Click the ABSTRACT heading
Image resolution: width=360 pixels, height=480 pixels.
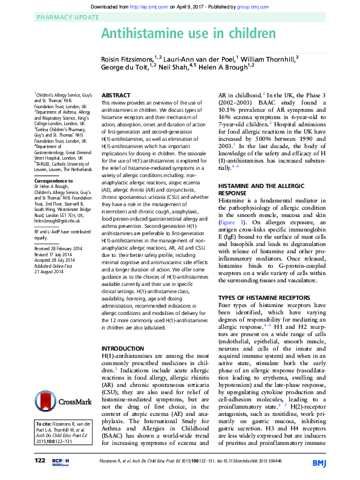tap(115, 96)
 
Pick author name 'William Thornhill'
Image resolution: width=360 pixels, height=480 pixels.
tap(270, 59)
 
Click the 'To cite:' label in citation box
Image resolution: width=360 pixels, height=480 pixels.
tap(44, 423)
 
